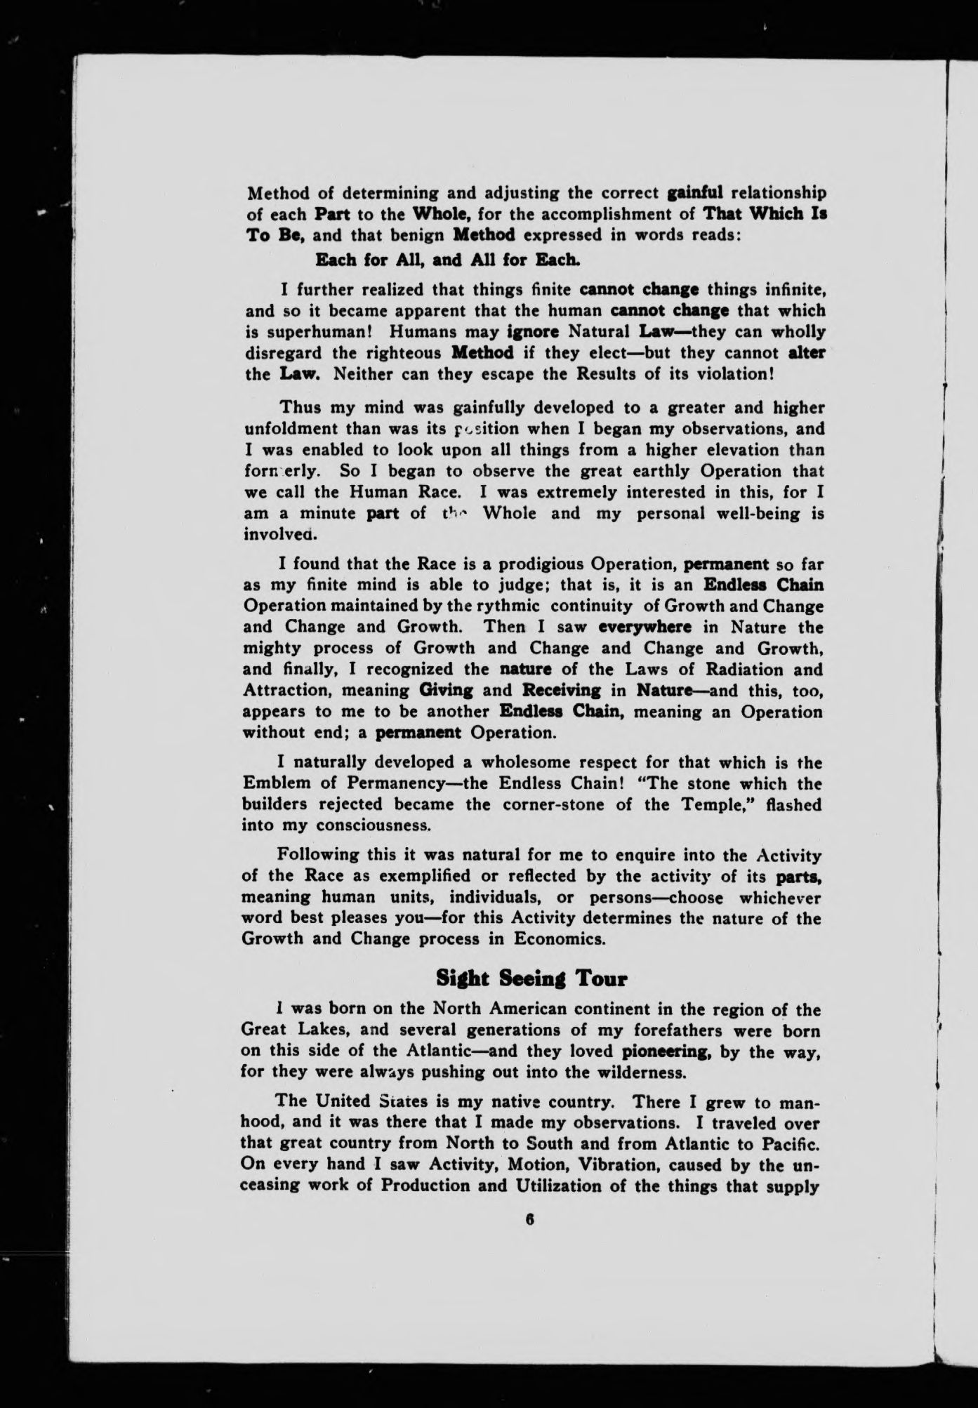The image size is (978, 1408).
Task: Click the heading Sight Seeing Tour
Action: click(531, 978)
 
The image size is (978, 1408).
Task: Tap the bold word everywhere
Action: click(645, 627)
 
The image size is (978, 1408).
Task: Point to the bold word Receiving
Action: click(562, 690)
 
